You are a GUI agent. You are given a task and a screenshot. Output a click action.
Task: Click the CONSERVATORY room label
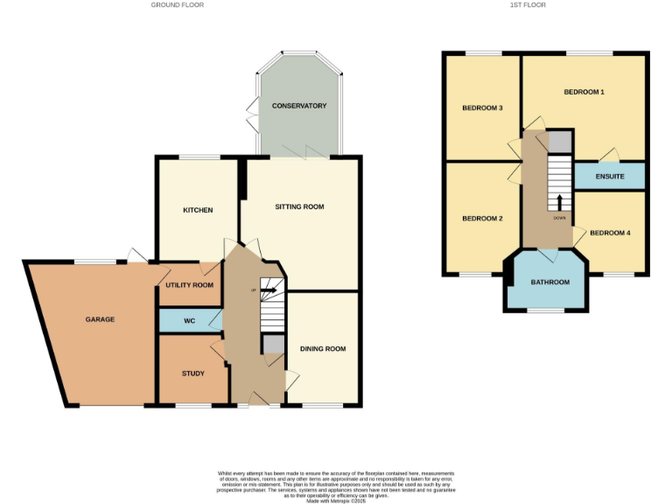click(x=298, y=106)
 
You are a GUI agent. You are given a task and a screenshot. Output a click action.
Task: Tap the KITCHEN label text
click(x=197, y=210)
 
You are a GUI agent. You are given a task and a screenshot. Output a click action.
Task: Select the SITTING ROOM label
click(x=299, y=206)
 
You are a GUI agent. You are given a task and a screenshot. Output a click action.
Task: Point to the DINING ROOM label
click(x=323, y=348)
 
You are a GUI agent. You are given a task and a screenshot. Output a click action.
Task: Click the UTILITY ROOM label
click(x=189, y=285)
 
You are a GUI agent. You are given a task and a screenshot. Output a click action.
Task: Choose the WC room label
click(x=189, y=320)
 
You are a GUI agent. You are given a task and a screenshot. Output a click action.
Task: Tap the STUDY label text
click(x=193, y=374)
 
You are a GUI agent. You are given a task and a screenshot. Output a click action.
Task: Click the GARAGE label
click(x=100, y=319)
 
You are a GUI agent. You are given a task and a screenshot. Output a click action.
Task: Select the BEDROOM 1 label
click(x=584, y=92)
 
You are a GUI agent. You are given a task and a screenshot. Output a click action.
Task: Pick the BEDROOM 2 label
click(x=481, y=218)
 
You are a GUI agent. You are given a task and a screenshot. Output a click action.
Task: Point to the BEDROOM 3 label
click(x=482, y=108)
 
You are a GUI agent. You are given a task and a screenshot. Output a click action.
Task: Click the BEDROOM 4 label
click(x=609, y=233)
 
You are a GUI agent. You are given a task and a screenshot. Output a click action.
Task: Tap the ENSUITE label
click(x=609, y=177)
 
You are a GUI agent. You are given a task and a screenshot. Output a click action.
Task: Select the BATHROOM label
click(x=550, y=282)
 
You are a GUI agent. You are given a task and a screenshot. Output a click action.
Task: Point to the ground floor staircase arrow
click(x=268, y=290)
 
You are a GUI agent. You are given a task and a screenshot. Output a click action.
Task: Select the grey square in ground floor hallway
click(x=274, y=345)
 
